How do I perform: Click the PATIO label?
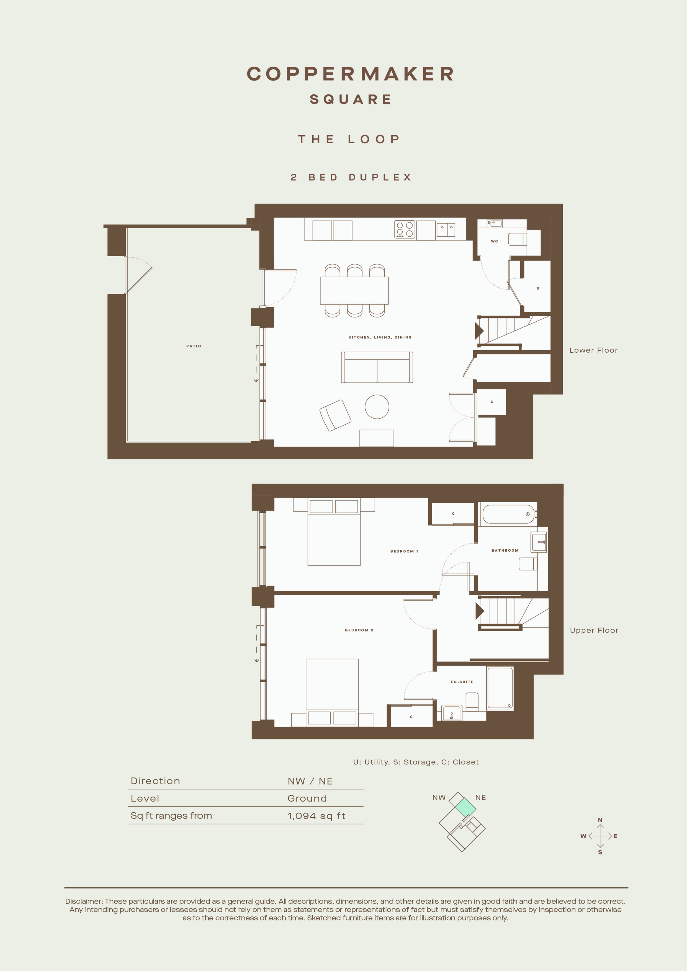tap(194, 346)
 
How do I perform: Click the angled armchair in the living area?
tap(335, 415)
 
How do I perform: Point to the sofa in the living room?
tap(377, 367)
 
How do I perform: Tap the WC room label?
tap(495, 241)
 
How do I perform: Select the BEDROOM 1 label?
tap(404, 551)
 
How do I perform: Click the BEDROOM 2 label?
tap(359, 630)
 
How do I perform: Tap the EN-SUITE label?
tap(462, 682)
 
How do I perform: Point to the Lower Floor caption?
tap(593, 350)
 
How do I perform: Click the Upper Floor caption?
tap(594, 630)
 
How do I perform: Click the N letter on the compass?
tap(600, 820)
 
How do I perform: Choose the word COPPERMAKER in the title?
tap(351, 74)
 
